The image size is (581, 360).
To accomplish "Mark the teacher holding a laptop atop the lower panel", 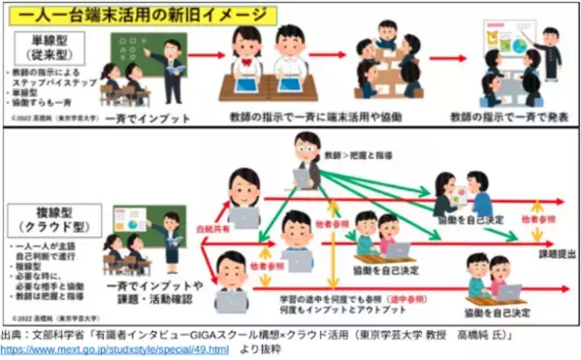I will click(305, 160).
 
